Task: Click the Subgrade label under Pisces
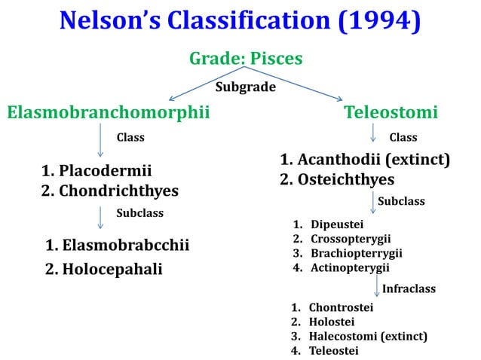246,87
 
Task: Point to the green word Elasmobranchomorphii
108,113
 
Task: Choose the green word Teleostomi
391,113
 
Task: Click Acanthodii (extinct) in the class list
374,160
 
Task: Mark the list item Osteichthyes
346,180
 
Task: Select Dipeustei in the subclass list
337,224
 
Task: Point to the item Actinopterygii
351,267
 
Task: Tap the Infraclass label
409,288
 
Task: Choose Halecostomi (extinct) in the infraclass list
368,336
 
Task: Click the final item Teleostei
333,350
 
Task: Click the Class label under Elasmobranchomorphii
130,138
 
